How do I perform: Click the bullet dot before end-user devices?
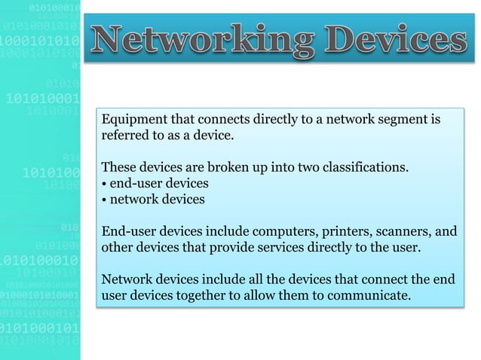pyautogui.click(x=103, y=184)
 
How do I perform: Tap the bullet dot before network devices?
pyautogui.click(x=103, y=200)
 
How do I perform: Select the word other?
pyautogui.click(x=117, y=247)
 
